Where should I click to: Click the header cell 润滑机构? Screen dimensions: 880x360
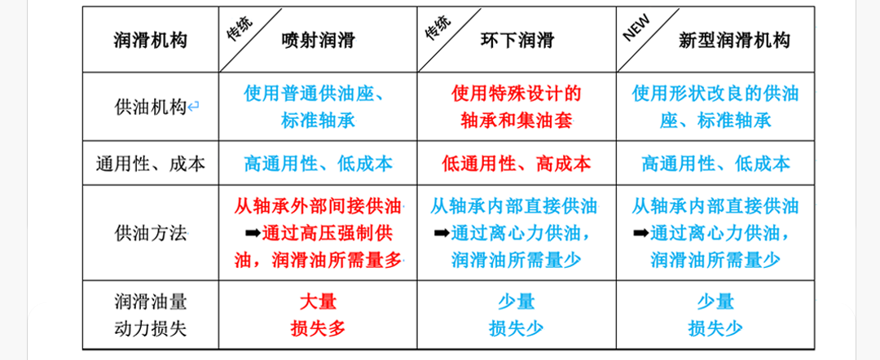click(x=151, y=40)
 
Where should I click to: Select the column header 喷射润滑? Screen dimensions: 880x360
click(x=319, y=40)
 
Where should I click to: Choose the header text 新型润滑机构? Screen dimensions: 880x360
click(x=734, y=40)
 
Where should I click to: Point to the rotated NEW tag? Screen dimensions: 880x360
click(x=636, y=28)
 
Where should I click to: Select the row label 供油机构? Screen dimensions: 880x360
click(x=151, y=107)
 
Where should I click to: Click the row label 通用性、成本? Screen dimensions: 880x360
click(x=151, y=163)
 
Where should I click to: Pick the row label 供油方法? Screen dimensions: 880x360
click(x=151, y=233)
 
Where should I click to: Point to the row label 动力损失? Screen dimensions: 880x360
click(x=151, y=328)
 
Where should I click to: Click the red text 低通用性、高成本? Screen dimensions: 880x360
click(x=517, y=163)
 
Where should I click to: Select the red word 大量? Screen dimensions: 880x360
click(x=319, y=302)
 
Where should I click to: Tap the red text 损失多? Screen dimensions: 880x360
click(x=319, y=328)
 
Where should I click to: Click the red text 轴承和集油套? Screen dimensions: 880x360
click(x=517, y=120)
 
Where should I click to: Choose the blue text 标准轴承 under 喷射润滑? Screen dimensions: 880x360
click(x=319, y=120)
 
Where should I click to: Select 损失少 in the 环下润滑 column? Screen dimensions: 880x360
click(x=517, y=328)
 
